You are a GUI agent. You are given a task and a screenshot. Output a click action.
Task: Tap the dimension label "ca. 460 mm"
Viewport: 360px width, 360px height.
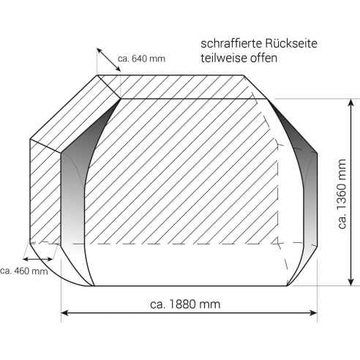click(23, 271)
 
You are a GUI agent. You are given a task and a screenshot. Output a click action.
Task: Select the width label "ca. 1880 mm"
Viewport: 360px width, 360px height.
click(185, 302)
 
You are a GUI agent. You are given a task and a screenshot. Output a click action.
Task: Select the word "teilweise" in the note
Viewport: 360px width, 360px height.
click(221, 59)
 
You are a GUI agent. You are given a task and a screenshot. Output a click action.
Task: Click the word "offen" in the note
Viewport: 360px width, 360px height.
click(263, 59)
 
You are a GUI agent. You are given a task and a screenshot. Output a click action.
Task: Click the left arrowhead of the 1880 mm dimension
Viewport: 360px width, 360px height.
click(64, 313)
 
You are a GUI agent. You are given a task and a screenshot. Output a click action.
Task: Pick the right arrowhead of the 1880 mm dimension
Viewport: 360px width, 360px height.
click(314, 313)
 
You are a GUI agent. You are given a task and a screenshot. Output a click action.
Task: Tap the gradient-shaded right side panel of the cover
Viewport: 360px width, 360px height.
click(300, 190)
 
